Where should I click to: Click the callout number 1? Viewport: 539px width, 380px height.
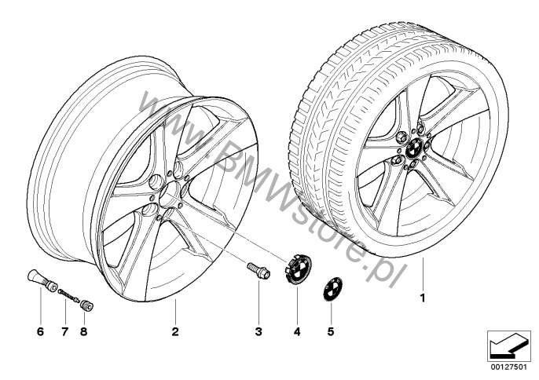(423, 298)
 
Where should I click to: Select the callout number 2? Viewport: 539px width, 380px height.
(175, 331)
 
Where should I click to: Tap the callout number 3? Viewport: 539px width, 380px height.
(258, 331)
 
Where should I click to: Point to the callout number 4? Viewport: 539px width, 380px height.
(297, 331)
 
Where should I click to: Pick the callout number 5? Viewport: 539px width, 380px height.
(331, 331)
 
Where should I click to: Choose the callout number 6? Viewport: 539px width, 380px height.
(41, 331)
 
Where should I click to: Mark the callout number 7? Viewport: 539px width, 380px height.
(65, 331)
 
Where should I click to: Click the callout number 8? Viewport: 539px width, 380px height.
(83, 331)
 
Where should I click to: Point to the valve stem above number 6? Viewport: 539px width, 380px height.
(42, 280)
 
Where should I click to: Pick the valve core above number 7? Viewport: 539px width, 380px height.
(69, 295)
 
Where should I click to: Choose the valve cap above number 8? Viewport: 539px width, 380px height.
(87, 305)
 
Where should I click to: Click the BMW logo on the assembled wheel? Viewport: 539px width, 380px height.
(413, 149)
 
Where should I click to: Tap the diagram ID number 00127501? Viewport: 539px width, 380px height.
(509, 367)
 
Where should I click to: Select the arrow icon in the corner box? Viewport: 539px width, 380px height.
(509, 345)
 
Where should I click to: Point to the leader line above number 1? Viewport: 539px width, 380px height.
(423, 273)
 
